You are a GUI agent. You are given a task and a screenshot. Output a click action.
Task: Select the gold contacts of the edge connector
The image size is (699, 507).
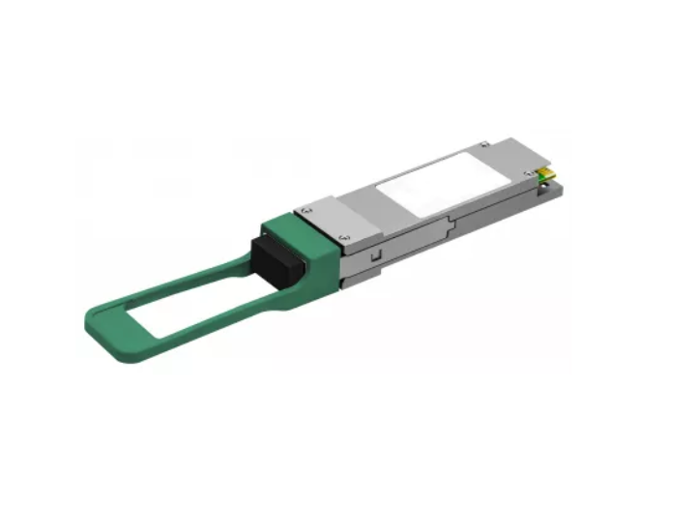pos(548,175)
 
